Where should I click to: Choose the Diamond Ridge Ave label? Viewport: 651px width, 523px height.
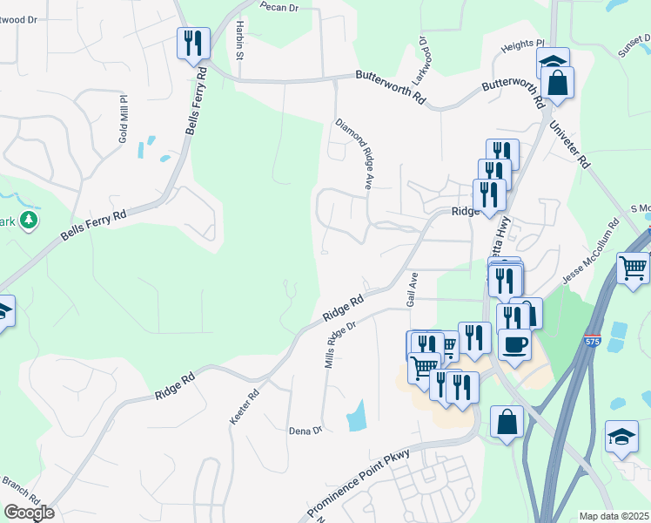tap(355, 153)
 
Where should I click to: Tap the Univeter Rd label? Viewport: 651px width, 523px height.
tap(569, 144)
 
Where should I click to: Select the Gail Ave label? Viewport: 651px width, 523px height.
tap(413, 287)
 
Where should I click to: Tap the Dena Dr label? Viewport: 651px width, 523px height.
tap(305, 430)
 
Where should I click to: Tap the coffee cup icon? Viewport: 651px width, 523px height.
tap(514, 345)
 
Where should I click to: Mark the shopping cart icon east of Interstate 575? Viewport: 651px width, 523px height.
tap(634, 266)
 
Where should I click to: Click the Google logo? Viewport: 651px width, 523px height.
tap(29, 513)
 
